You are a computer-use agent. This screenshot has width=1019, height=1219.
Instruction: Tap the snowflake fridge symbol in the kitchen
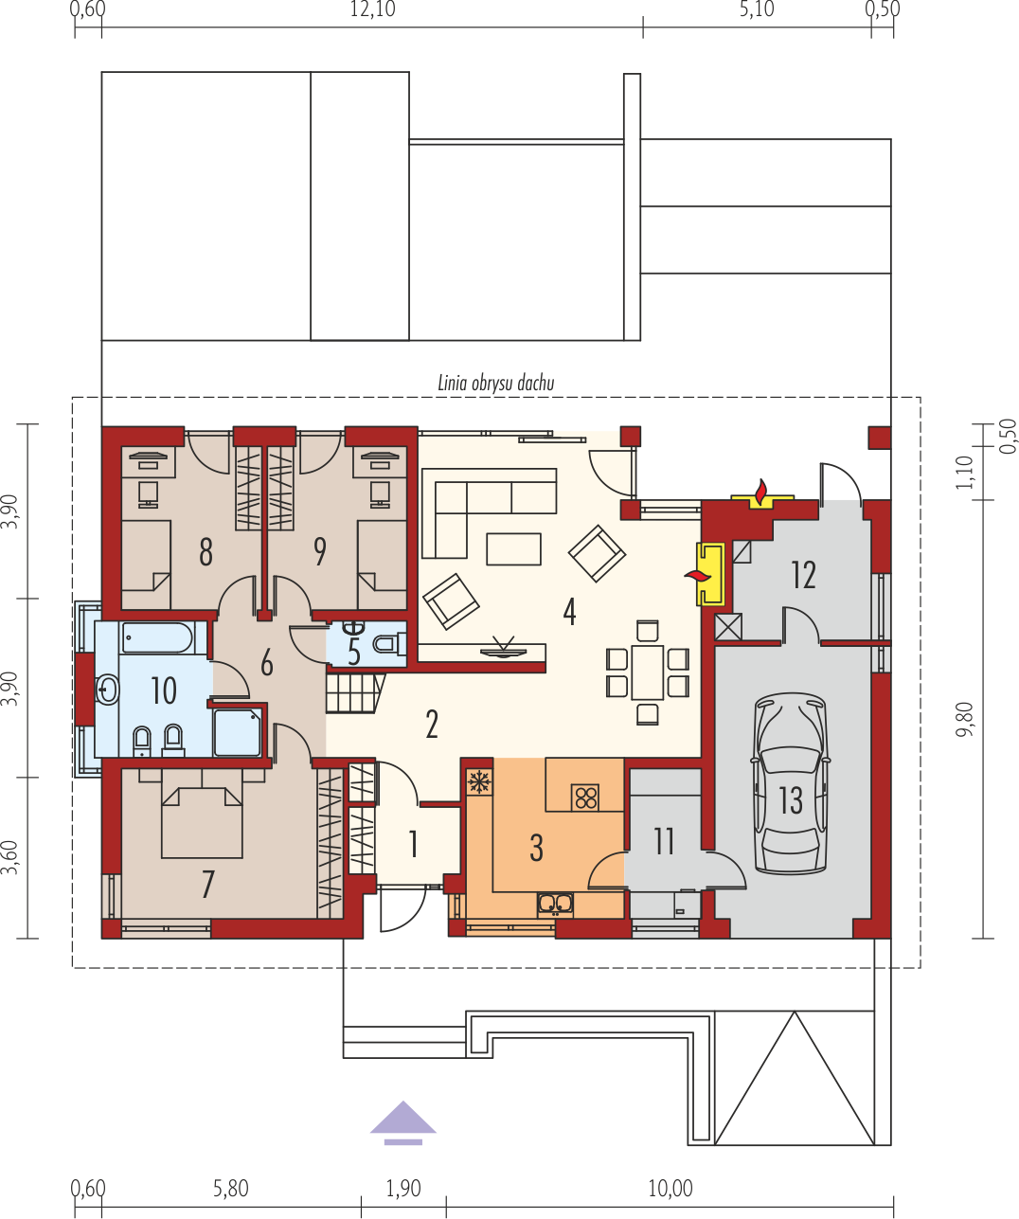(x=479, y=782)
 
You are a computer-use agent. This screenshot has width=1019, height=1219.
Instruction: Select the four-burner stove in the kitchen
(x=585, y=797)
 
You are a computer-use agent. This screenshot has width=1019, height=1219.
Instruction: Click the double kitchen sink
(x=555, y=905)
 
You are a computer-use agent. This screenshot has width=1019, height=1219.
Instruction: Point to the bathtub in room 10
(x=157, y=638)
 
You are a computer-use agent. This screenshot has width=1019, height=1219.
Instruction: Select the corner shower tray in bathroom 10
(x=237, y=733)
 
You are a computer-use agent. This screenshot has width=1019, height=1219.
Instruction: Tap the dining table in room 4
(x=647, y=672)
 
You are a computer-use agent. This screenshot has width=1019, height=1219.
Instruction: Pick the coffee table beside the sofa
(x=513, y=548)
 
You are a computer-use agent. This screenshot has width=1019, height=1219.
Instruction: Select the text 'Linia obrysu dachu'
(x=496, y=383)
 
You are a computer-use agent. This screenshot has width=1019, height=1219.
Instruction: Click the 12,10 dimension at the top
(x=372, y=9)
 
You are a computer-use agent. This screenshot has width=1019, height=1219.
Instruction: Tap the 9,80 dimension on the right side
(x=965, y=719)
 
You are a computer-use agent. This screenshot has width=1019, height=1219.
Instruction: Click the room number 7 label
(x=207, y=884)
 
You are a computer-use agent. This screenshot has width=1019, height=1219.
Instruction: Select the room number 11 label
(x=664, y=842)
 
